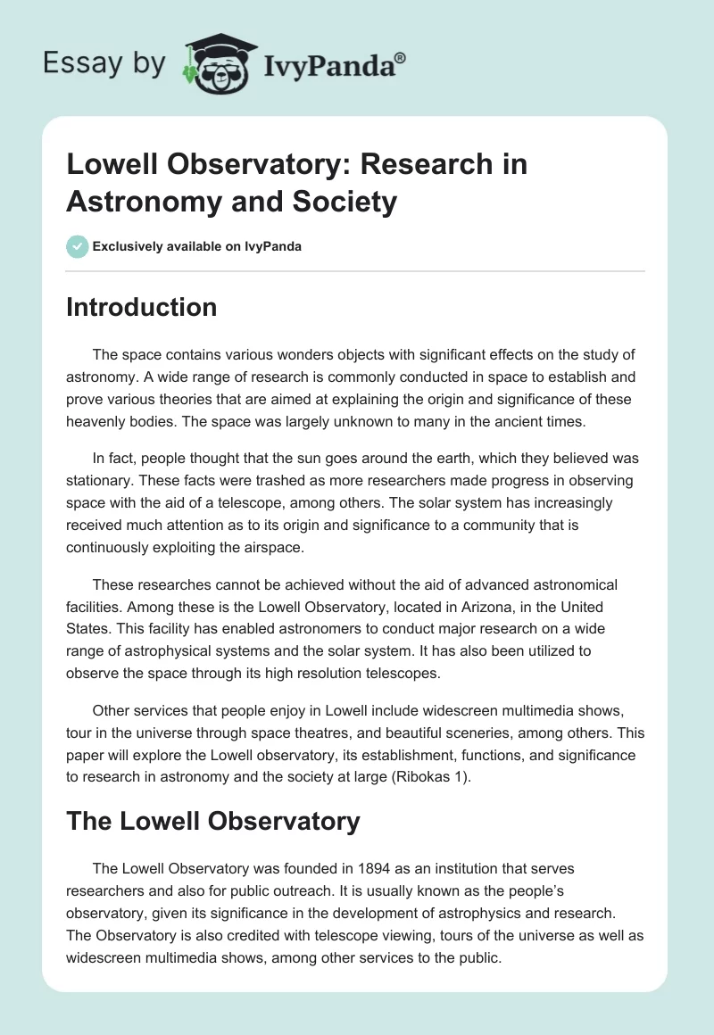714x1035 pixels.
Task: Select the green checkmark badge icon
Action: tap(77, 246)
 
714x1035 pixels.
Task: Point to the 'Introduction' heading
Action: tap(141, 308)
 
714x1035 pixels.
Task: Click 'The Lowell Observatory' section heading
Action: tap(212, 821)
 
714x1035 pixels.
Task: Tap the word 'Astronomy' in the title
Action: tap(134, 202)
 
